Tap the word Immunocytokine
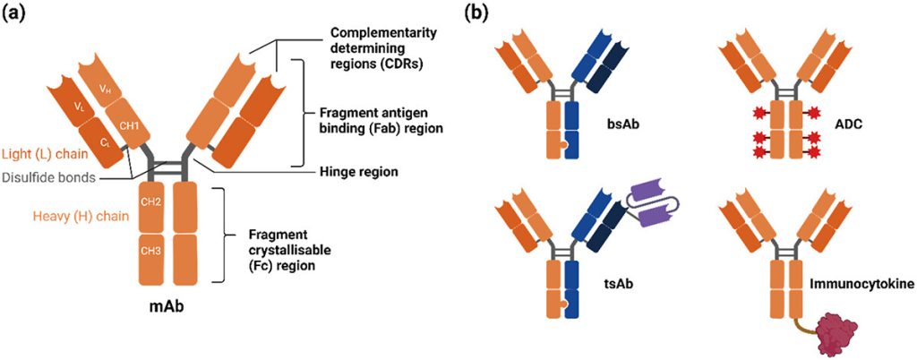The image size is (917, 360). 861,285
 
